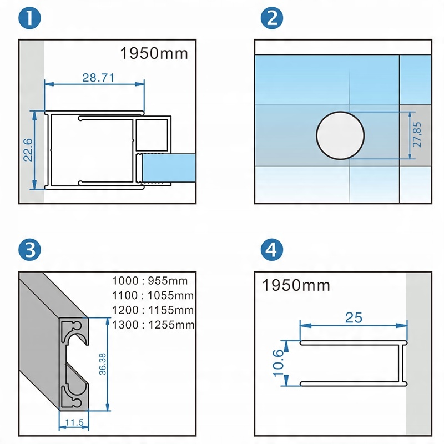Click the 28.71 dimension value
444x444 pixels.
tap(98, 78)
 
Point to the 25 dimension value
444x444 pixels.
tap(354, 318)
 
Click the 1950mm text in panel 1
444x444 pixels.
tap(154, 54)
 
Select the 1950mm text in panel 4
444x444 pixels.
tap(296, 286)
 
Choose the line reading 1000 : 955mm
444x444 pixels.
tap(153, 280)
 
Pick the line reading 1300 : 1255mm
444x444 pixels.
tap(153, 325)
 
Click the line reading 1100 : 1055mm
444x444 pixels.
tap(153, 295)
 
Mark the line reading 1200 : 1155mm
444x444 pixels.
tap(153, 310)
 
